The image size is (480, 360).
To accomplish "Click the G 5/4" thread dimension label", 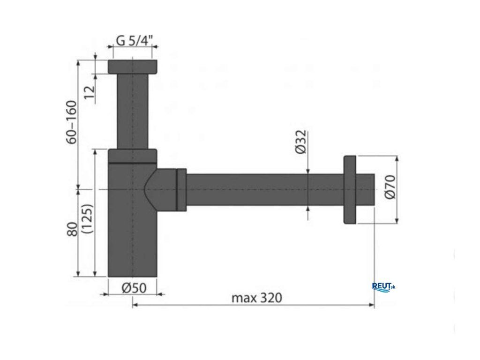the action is (134, 40).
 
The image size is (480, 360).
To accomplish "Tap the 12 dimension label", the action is (90, 92).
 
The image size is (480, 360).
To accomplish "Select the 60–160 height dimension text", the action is (72, 122).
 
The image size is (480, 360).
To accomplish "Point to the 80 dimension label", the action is (72, 229).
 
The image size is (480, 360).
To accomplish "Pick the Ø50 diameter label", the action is (134, 288).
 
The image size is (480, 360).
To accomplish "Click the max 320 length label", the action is (256, 298).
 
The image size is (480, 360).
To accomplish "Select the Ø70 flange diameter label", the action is (390, 187).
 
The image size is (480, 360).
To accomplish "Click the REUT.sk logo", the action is (383, 287).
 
